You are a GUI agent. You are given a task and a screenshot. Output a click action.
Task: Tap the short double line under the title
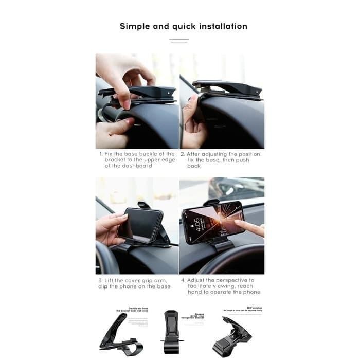tap(179, 41)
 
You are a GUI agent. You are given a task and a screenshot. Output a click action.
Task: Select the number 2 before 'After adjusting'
tap(182, 154)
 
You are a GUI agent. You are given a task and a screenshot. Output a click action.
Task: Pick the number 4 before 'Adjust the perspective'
tap(183, 280)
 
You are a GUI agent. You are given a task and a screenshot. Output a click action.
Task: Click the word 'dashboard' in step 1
tap(136, 166)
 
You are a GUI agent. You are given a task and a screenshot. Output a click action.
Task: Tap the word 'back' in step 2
tap(194, 166)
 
